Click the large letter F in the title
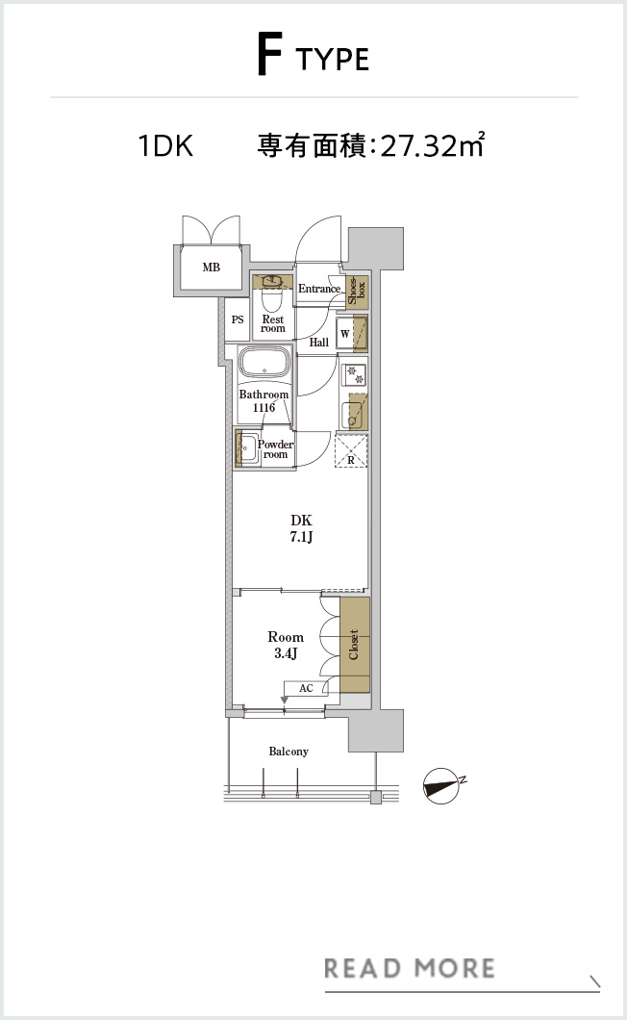[269, 57]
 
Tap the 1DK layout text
[165, 145]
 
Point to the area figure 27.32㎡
[432, 144]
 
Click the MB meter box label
[212, 268]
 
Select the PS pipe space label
[238, 319]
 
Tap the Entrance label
[319, 288]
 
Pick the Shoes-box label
[357, 291]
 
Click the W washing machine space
[352, 334]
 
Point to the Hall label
[318, 343]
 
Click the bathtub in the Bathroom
[264, 365]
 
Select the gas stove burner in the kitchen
[354, 373]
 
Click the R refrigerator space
[351, 450]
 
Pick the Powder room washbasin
[246, 448]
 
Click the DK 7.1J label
[302, 528]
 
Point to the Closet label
[354, 645]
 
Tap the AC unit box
[306, 688]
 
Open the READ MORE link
[410, 968]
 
